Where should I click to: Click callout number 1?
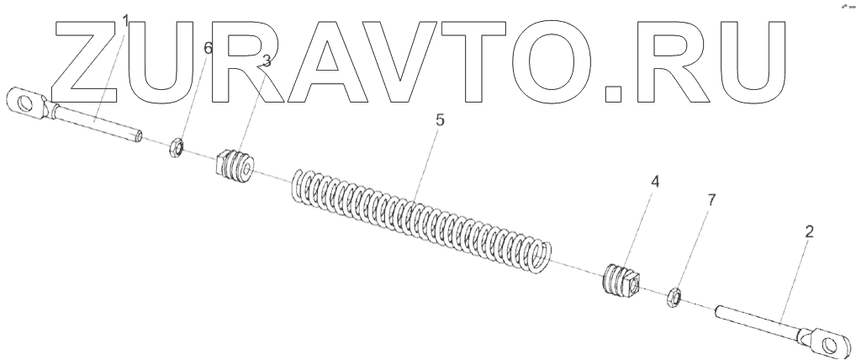[126, 19]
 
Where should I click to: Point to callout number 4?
[653, 181]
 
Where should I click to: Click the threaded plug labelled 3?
[235, 164]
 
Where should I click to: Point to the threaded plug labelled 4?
[623, 281]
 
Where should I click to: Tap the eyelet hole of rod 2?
[832, 342]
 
